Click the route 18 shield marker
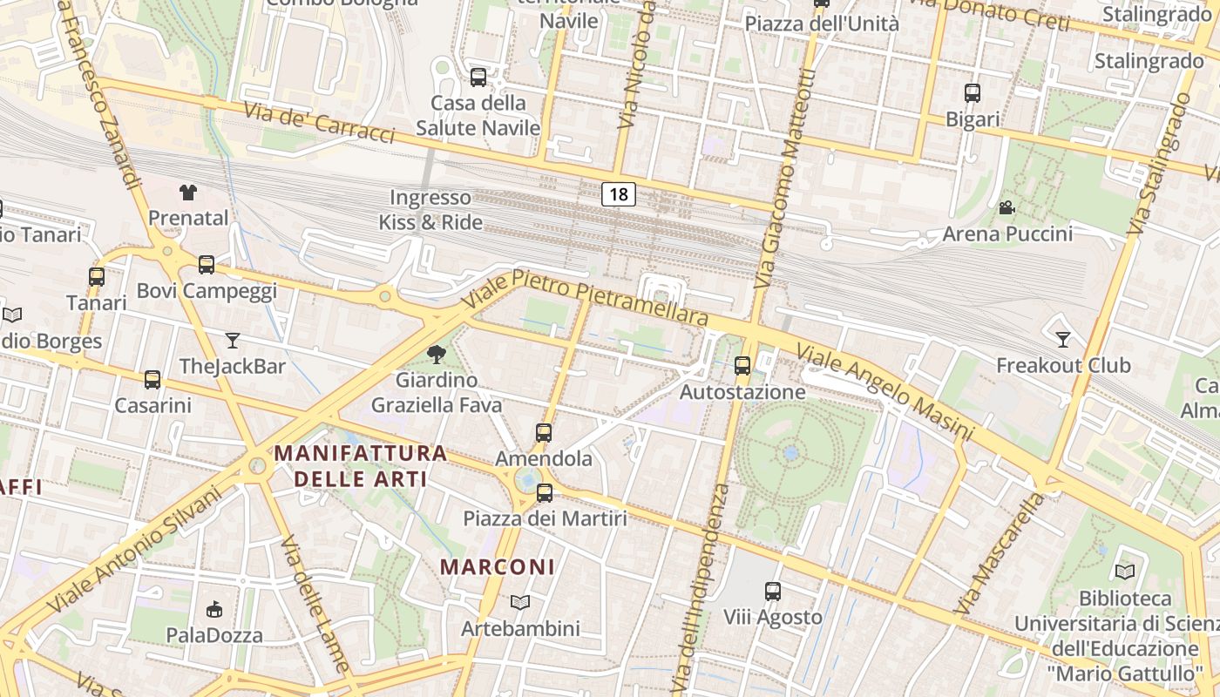tap(618, 193)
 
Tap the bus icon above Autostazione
tap(742, 366)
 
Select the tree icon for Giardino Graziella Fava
tap(436, 354)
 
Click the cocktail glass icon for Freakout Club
tap(1062, 339)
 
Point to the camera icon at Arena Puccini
tap(1006, 207)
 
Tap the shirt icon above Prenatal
tap(187, 192)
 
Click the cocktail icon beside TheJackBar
tap(232, 340)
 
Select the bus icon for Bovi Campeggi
tap(207, 264)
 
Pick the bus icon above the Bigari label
tap(973, 92)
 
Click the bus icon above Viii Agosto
tap(772, 591)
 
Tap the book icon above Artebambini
tap(520, 602)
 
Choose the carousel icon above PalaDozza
tap(214, 608)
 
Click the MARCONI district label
tap(497, 566)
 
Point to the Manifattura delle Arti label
tap(361, 466)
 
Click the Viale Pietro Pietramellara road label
tap(586, 298)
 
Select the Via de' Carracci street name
tap(319, 123)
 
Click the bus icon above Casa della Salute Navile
tap(478, 77)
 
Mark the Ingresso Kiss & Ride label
tap(430, 210)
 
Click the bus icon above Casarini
tap(152, 379)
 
